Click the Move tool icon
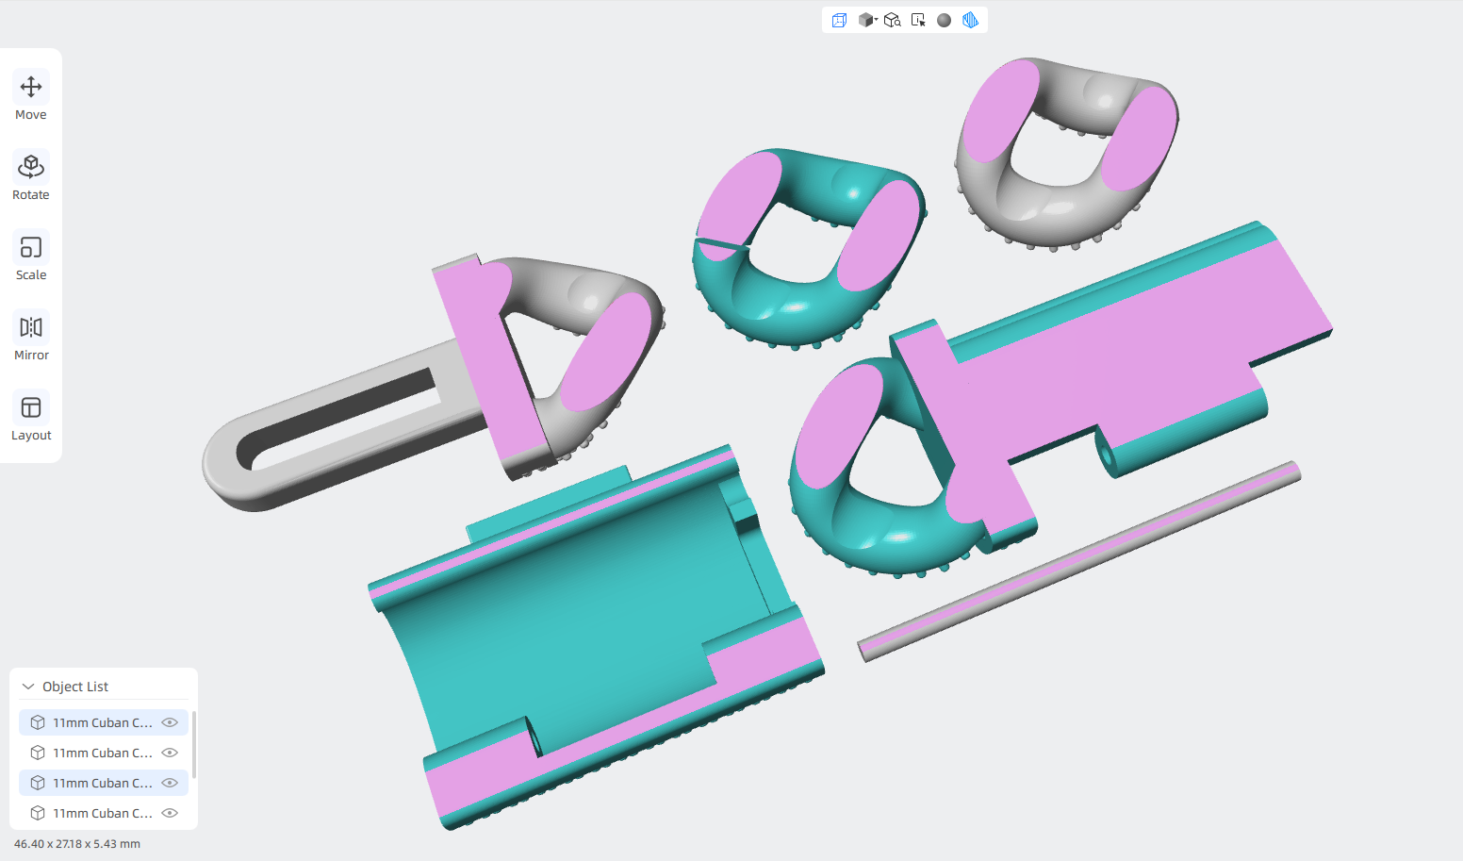click(x=31, y=87)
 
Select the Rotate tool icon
click(x=31, y=167)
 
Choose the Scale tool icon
click(x=31, y=248)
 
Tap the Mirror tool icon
click(x=31, y=327)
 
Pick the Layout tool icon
click(x=31, y=407)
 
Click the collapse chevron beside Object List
click(x=28, y=686)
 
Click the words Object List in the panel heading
click(x=75, y=687)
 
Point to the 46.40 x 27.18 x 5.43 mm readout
click(x=77, y=843)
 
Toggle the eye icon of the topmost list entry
click(x=170, y=722)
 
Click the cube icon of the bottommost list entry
click(x=38, y=813)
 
